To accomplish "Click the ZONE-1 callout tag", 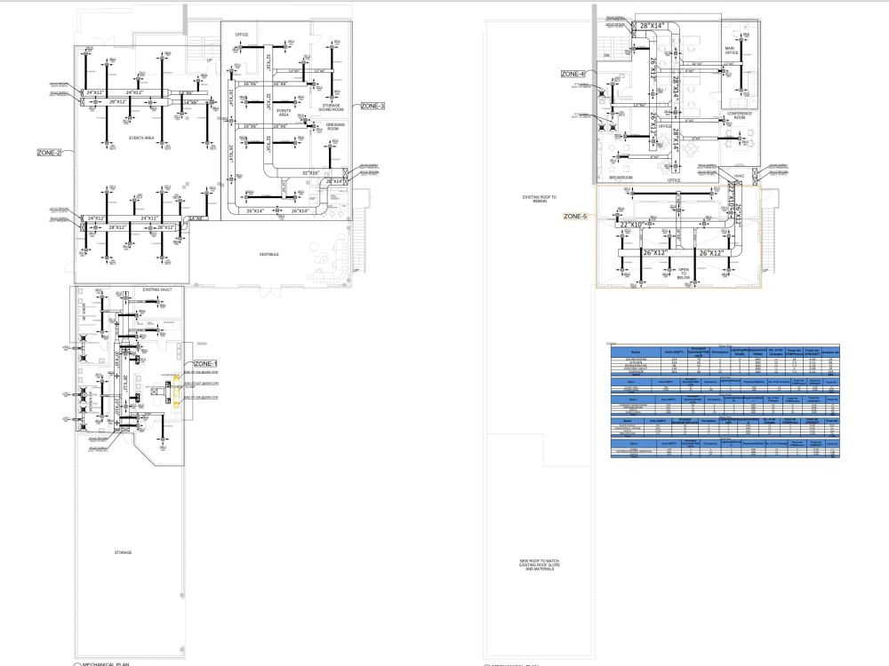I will [x=205, y=364].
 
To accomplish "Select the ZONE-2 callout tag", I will [x=49, y=153].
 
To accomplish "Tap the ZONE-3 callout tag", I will [x=372, y=107].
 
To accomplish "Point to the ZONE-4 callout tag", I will [x=573, y=74].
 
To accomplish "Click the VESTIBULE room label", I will [x=269, y=255].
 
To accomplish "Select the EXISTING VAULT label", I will [x=162, y=289].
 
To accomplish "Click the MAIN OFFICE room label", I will [x=731, y=51].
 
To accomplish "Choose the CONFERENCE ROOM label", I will [x=740, y=115].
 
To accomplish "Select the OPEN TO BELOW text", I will [x=684, y=274].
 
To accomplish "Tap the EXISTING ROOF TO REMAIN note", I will [x=539, y=199].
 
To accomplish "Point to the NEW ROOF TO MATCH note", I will [x=539, y=565].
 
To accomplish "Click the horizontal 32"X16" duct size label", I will [x=310, y=172].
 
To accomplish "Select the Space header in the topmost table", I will [x=636, y=352].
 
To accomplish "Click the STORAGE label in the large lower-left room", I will [x=123, y=552].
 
